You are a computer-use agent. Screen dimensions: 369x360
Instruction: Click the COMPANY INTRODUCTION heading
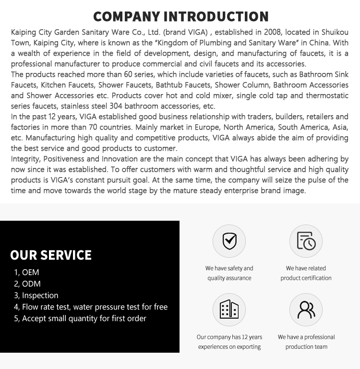coord(180,16)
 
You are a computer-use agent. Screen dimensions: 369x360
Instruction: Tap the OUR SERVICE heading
coord(51,255)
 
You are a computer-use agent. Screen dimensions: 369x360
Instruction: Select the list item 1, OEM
coord(26,273)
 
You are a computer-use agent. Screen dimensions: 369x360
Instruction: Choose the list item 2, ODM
coord(27,284)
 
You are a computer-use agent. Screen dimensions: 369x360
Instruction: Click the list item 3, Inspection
coord(36,296)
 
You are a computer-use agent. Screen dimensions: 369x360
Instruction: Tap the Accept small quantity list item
coord(80,319)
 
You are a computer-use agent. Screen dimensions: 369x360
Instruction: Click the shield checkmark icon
coord(229,241)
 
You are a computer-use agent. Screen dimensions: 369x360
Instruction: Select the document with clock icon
coord(306,241)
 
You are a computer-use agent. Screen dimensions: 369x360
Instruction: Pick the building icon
coord(229,309)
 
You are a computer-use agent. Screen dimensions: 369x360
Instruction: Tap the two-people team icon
coord(306,309)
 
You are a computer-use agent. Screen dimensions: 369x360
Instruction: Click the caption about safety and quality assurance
coord(229,273)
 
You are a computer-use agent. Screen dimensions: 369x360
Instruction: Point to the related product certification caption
coord(306,273)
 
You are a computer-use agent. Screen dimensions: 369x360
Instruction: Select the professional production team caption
coord(306,342)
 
